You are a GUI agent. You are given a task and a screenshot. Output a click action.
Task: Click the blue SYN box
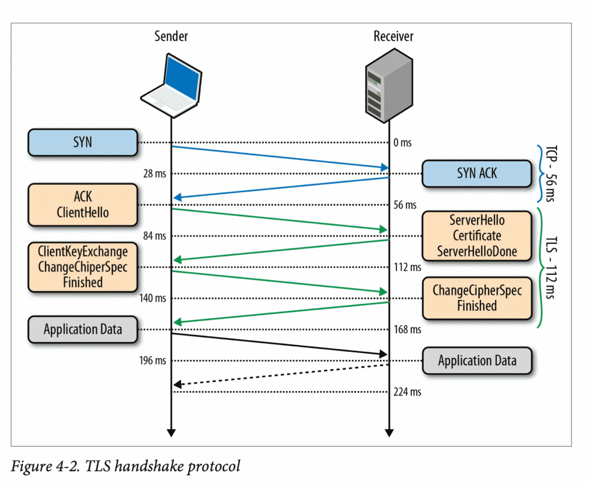[x=82, y=143]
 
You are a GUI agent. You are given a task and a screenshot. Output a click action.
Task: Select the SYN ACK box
[x=477, y=174]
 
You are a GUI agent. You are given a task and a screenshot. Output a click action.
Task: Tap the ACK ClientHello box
[x=82, y=205]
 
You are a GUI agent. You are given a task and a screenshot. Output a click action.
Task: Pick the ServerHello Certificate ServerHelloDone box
[x=477, y=236]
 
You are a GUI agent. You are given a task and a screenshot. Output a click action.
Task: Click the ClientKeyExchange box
[x=82, y=267]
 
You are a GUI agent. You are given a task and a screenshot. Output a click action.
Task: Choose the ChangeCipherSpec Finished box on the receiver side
[x=477, y=298]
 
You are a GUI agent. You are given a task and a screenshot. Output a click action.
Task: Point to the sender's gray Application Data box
[x=82, y=329]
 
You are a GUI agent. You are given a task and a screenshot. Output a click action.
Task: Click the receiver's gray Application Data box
[x=477, y=361]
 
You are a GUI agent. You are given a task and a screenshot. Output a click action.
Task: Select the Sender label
[x=171, y=37]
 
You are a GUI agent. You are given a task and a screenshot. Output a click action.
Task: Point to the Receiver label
[x=393, y=37]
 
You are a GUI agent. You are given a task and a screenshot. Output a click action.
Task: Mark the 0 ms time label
[x=402, y=143]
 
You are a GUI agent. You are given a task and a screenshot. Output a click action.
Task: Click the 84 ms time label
[x=155, y=236]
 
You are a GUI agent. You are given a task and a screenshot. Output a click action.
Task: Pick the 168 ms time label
[x=407, y=330]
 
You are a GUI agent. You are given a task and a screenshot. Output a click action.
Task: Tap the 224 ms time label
[x=407, y=392]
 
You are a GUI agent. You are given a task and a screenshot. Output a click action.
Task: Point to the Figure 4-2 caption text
[x=126, y=466]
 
